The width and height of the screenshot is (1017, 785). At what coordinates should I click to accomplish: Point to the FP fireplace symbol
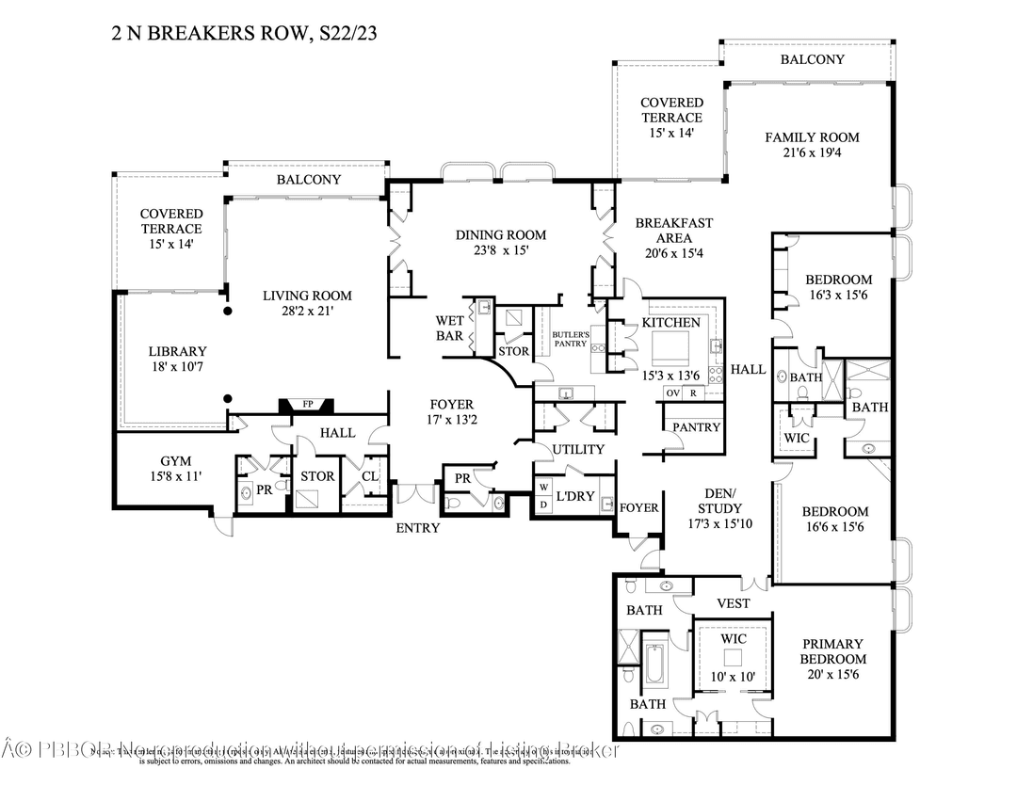pyautogui.click(x=307, y=405)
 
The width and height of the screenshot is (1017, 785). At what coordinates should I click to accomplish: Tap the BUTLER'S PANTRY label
pyautogui.click(x=571, y=339)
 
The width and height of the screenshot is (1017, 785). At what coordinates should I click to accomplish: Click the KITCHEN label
pyautogui.click(x=670, y=323)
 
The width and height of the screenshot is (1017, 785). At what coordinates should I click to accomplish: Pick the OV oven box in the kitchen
pyautogui.click(x=672, y=393)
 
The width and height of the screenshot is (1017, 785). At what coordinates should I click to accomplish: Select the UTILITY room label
pyautogui.click(x=577, y=449)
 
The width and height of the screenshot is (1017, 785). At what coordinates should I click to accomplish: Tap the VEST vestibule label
pyautogui.click(x=733, y=603)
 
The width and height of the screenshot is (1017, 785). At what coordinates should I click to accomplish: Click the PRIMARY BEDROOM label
pyautogui.click(x=832, y=651)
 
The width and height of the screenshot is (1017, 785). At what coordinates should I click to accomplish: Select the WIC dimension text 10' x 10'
pyautogui.click(x=734, y=676)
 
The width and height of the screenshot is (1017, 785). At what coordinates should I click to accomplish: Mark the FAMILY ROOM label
pyautogui.click(x=811, y=137)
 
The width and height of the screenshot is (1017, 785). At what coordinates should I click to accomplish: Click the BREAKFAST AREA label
pyautogui.click(x=673, y=232)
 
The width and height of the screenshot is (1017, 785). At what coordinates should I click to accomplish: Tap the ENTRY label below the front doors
pyautogui.click(x=417, y=528)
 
